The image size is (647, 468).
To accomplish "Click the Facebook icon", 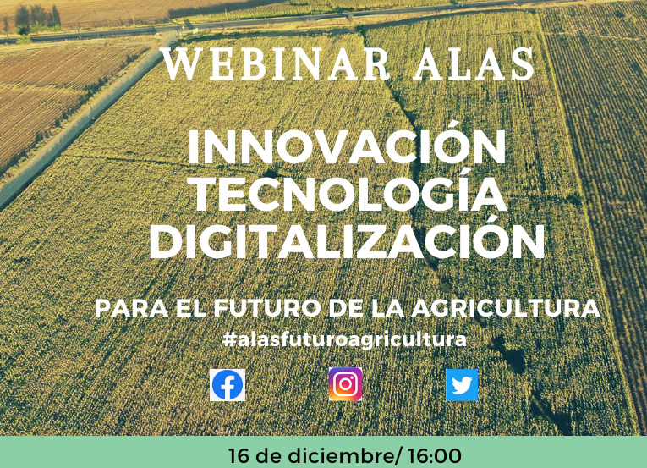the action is coord(228,385).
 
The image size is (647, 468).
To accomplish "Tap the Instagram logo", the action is coord(345,384).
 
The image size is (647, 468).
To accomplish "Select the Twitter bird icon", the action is coord(462,385).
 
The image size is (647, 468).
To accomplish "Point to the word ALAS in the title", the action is coord(474,64).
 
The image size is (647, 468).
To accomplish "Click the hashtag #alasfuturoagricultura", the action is coord(344,339).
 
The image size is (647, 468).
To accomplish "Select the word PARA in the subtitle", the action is coord(131,308).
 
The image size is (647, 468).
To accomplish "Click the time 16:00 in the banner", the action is coord(435,456).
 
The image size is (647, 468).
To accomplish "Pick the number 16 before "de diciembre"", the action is coord(239,456).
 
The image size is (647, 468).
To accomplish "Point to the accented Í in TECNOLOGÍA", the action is coord(460,190).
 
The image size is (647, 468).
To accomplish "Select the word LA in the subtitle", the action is coord(387,308).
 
